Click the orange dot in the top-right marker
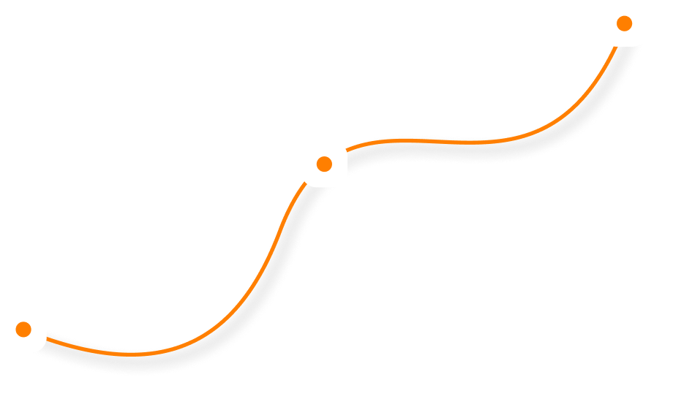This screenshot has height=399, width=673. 624,23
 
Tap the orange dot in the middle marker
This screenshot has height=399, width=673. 324,164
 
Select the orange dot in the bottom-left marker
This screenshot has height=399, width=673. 23,329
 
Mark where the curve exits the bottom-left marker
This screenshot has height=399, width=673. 47,338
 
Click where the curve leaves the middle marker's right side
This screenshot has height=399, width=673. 347,151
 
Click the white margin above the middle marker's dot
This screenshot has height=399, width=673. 324,148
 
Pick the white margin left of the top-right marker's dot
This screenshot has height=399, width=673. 609,23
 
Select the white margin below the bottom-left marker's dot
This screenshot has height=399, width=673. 23,344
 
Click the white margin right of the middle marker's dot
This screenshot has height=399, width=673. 339,164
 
